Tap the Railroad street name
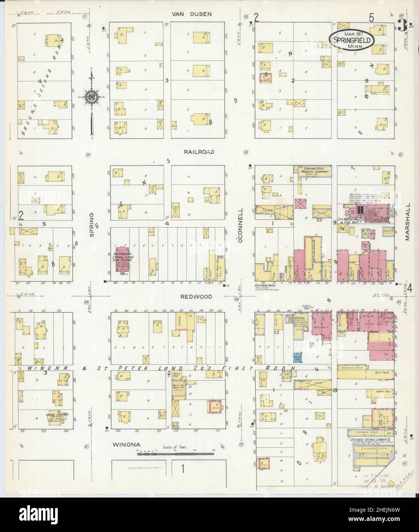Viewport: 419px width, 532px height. [198, 152]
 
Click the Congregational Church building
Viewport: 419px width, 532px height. [57, 416]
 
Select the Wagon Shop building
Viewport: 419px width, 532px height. [377, 394]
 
